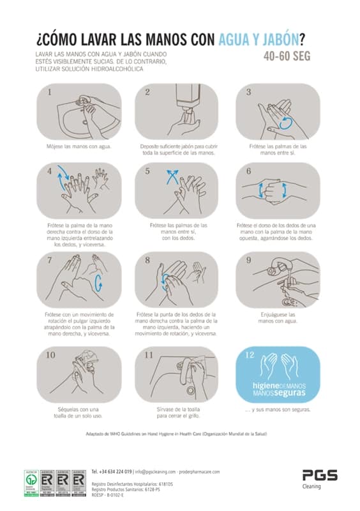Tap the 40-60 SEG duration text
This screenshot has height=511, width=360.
[x=287, y=56]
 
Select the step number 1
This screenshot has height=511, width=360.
[x=50, y=92]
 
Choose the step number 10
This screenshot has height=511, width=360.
[x=51, y=355]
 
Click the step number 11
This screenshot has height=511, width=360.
[x=149, y=355]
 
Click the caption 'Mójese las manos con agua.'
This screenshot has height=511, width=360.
[x=79, y=146]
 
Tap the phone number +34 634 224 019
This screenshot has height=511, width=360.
[x=112, y=471]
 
